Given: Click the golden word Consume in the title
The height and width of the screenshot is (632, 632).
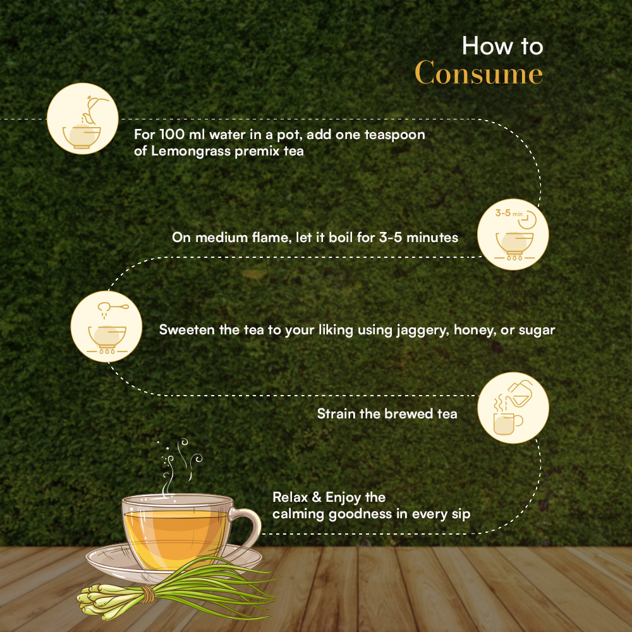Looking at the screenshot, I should tap(478, 73).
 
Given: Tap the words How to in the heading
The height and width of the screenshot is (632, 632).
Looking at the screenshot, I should tap(502, 46).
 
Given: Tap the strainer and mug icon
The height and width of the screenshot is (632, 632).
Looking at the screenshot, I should tap(513, 408).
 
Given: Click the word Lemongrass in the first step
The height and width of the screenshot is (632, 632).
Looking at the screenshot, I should tap(186, 152).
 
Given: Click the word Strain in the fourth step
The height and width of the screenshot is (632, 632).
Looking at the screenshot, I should tap(335, 414).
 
